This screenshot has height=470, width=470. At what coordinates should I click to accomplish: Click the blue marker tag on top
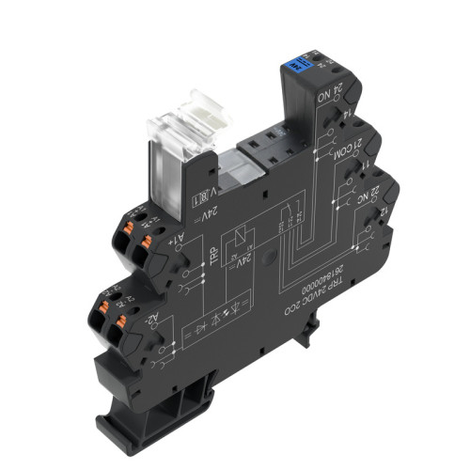point(299,66)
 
